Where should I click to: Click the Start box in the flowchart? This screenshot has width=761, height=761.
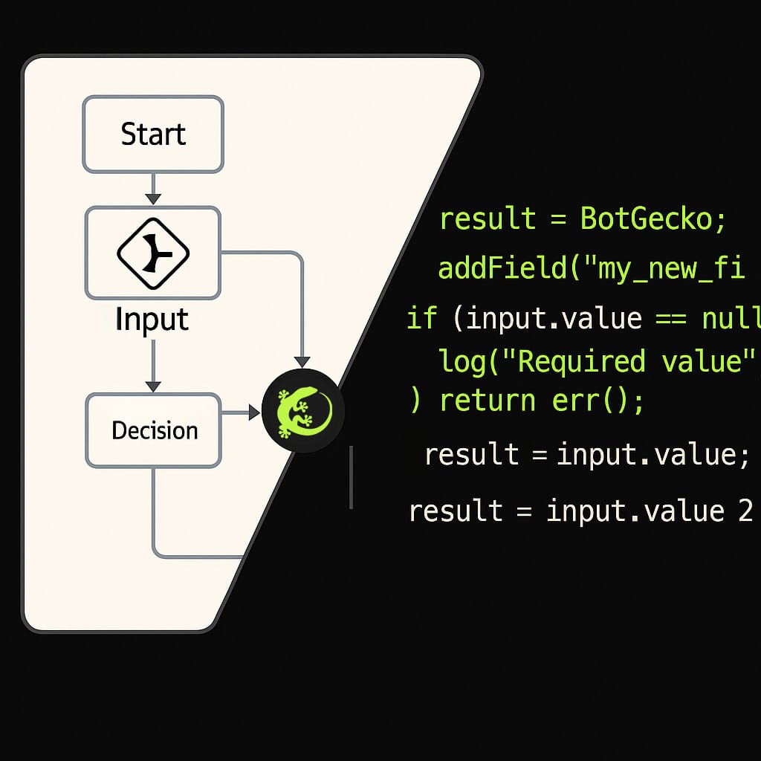(153, 135)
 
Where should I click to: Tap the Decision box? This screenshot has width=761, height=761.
(154, 430)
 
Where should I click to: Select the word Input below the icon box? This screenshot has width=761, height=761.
(152, 320)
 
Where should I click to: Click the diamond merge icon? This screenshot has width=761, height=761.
(153, 253)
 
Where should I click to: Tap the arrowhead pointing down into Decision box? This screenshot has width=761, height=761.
(153, 386)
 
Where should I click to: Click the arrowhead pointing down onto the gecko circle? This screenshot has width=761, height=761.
(302, 360)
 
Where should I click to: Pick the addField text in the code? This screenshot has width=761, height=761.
(502, 268)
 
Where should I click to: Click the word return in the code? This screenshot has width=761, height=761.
(488, 401)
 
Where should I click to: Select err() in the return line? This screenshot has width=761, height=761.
(598, 401)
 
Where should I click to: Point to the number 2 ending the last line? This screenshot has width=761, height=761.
(745, 511)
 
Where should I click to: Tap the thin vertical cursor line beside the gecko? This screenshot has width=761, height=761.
(351, 477)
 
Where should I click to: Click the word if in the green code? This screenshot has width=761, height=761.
(422, 319)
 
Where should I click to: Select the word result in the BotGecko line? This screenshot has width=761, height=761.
(488, 219)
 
